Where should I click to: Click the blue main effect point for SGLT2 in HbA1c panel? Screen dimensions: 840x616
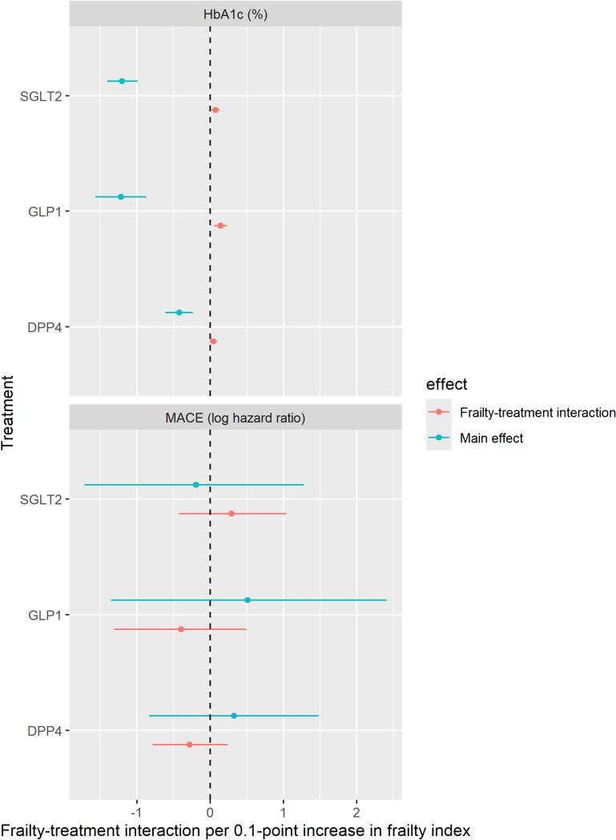[x=122, y=81]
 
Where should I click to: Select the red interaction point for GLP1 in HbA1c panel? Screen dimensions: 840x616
[x=220, y=226]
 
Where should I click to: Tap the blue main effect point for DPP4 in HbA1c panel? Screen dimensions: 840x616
[x=179, y=313]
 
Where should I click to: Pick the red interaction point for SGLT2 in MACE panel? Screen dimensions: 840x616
[x=232, y=514]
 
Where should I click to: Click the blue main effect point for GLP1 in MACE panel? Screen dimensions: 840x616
[x=248, y=600]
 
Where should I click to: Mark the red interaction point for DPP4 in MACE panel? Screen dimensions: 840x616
[x=190, y=745]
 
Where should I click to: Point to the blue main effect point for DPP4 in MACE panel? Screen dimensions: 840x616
[x=234, y=716]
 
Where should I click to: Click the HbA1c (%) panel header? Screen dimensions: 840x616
[x=236, y=14]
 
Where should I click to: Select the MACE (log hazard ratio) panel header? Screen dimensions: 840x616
[x=236, y=418]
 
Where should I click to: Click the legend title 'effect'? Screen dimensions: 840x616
[x=447, y=384]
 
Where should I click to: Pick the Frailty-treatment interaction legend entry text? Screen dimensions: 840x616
[x=537, y=413]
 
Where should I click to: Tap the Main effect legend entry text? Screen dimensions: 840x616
[x=491, y=438]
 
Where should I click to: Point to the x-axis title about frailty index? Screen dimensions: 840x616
[x=236, y=828]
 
